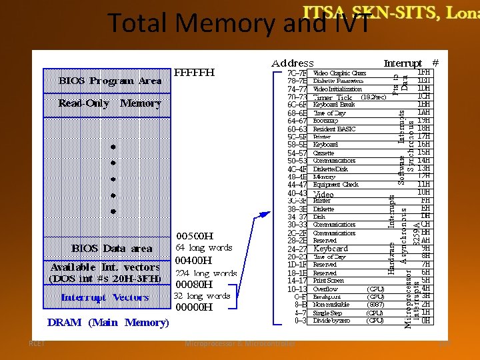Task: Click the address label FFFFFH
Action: pyautogui.click(x=195, y=73)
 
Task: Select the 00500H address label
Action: pyautogui.click(x=194, y=236)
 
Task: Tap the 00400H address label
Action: pyautogui.click(x=193, y=261)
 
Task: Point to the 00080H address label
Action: pyautogui.click(x=194, y=285)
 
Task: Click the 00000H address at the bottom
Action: pyautogui.click(x=193, y=308)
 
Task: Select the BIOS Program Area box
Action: pyautogui.click(x=110, y=81)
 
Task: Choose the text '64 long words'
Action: pyautogui.click(x=203, y=248)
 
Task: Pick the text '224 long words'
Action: pyautogui.click(x=206, y=273)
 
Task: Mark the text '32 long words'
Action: pyautogui.click(x=202, y=296)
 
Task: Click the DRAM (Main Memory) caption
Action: pyautogui.click(x=108, y=323)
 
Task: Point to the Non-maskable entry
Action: pyautogui.click(x=331, y=305)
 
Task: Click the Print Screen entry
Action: pyautogui.click(x=329, y=281)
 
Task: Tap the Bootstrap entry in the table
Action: pyautogui.click(x=327, y=121)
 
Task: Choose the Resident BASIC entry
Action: pyautogui.click(x=334, y=129)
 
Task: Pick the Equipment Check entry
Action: pyautogui.click(x=335, y=185)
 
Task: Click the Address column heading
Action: pyautogui.click(x=292, y=63)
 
